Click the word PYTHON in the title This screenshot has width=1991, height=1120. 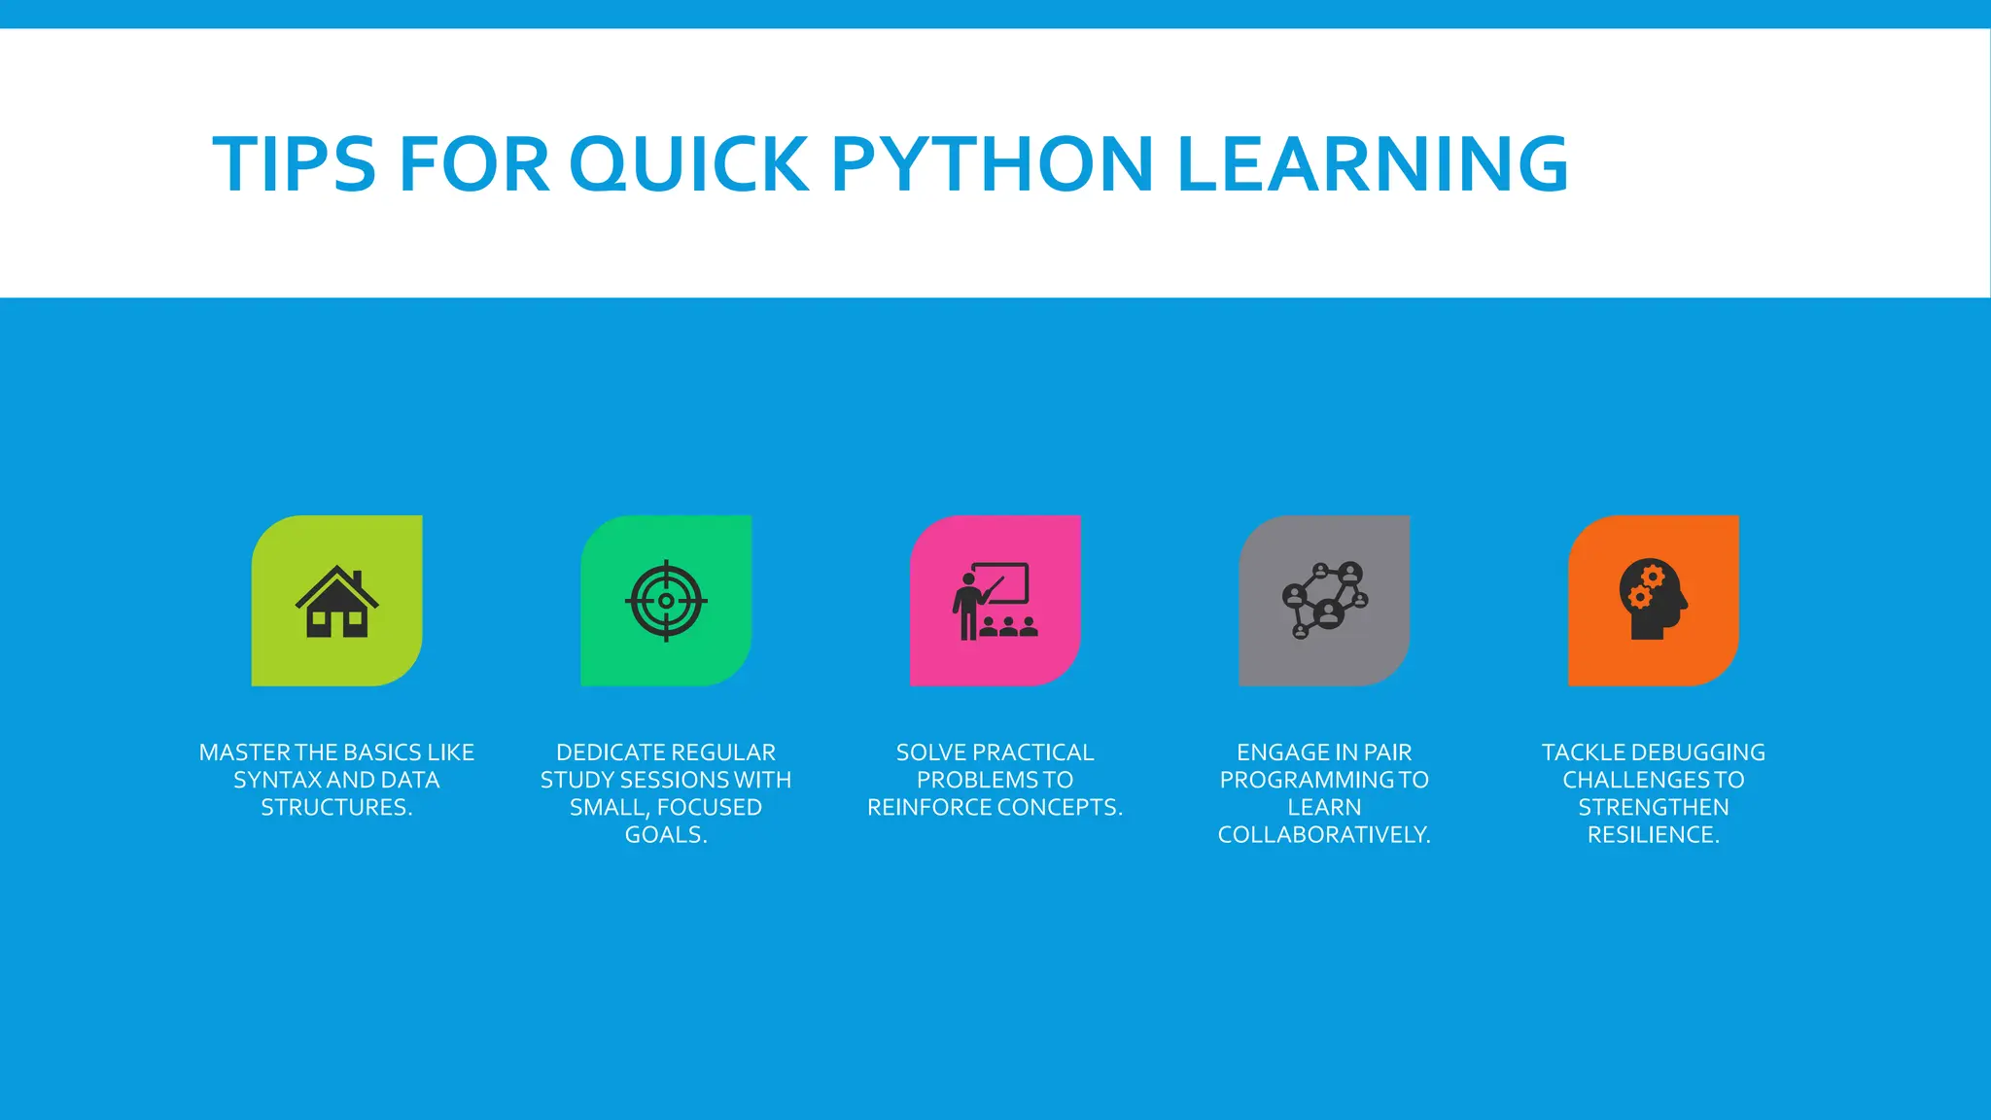(993, 163)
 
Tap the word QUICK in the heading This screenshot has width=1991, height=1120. (688, 163)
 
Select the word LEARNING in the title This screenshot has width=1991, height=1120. (1372, 163)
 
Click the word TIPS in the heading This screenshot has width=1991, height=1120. (294, 163)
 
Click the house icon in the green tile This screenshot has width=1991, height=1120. (336, 602)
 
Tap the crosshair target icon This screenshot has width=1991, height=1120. (666, 601)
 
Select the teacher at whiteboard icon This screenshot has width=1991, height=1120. (995, 601)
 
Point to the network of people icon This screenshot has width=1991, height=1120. (1324, 601)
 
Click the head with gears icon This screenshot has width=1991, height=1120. (1653, 600)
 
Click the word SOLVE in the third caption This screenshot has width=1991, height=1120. (930, 752)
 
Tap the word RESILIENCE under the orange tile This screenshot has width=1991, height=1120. (1650, 835)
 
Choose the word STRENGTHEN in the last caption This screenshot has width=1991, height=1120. (1653, 808)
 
